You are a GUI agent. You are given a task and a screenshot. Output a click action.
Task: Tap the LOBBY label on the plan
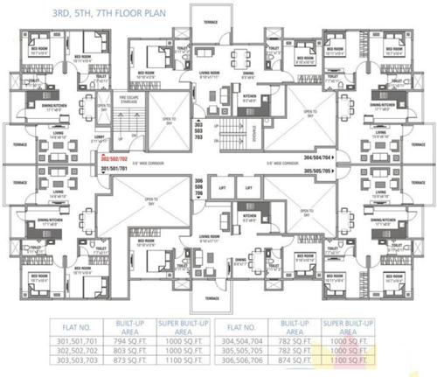point(100,138)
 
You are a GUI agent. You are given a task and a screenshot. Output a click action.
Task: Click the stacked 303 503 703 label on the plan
point(198,132)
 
